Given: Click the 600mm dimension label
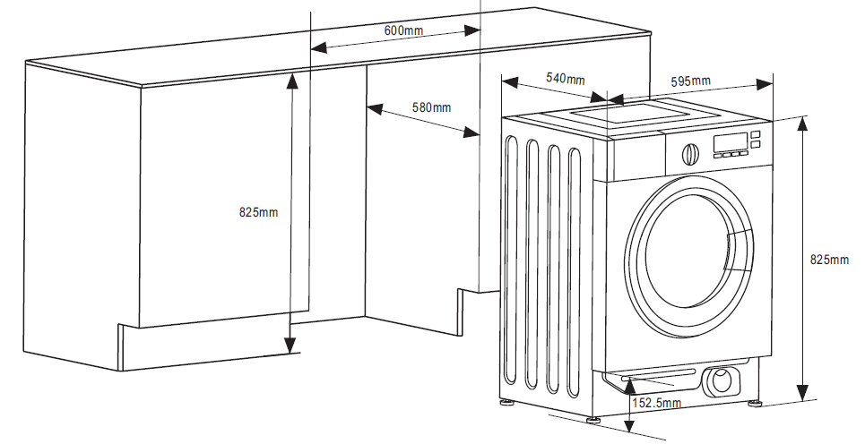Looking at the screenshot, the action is [403, 30].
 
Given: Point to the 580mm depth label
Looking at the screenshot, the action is [431, 107].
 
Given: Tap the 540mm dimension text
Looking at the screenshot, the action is [566, 78].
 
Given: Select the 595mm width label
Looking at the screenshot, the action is [691, 81].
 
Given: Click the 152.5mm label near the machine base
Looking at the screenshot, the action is [656, 403].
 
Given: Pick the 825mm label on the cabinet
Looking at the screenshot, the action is [259, 211].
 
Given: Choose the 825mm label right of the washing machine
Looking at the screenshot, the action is [829, 259].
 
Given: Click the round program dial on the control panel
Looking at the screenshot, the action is [690, 155].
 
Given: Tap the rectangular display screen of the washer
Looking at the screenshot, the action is [731, 142].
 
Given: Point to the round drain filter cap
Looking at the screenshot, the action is [720, 380].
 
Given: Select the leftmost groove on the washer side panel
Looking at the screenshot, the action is [510, 259].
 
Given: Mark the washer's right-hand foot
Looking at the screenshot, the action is [755, 403].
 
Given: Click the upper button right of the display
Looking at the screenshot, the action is [756, 134].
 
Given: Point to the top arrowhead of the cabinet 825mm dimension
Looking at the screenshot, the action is [292, 81].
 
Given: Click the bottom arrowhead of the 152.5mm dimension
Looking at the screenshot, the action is [629, 424].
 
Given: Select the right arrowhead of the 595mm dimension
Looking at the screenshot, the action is [765, 84].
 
